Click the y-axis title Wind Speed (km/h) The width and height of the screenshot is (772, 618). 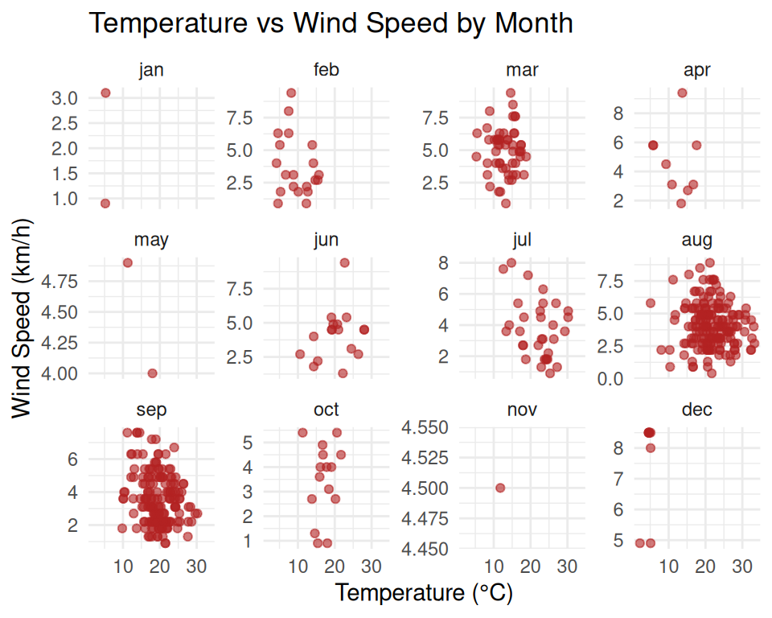23,319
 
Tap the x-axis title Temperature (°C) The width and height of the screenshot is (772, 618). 424,593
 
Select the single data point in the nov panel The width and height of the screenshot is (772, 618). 500,488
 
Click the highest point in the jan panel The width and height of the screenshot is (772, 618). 105,93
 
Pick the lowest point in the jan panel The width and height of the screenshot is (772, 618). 105,204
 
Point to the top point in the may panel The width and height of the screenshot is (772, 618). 127,262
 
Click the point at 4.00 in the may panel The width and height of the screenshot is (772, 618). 153,373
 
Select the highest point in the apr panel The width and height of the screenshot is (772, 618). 682,93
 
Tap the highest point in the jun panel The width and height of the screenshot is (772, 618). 344,262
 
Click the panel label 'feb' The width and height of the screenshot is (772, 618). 326,70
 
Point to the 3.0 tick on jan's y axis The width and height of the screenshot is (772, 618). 66,98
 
